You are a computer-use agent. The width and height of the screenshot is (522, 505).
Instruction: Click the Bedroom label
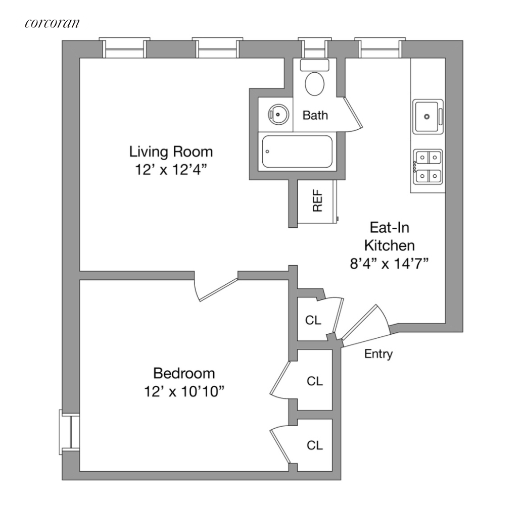pyautogui.click(x=184, y=373)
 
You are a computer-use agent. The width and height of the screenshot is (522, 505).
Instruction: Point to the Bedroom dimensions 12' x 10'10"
pyautogui.click(x=184, y=392)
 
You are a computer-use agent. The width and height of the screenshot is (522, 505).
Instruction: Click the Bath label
pyautogui.click(x=315, y=115)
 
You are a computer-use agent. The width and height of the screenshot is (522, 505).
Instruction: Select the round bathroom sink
pyautogui.click(x=276, y=114)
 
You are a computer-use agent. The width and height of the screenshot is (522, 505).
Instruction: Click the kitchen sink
pyautogui.click(x=427, y=117)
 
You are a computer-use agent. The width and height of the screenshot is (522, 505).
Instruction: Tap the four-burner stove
pyautogui.click(x=427, y=167)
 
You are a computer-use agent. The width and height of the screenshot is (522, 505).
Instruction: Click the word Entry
pyautogui.click(x=378, y=355)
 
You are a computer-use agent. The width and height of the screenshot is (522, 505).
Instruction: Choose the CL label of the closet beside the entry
pyautogui.click(x=314, y=320)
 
